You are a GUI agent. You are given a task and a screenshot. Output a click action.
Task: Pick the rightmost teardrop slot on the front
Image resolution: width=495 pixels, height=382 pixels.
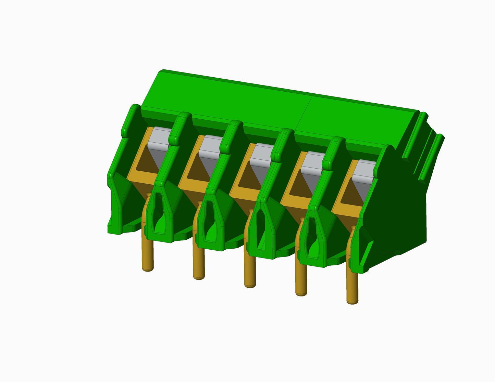click(313, 239)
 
